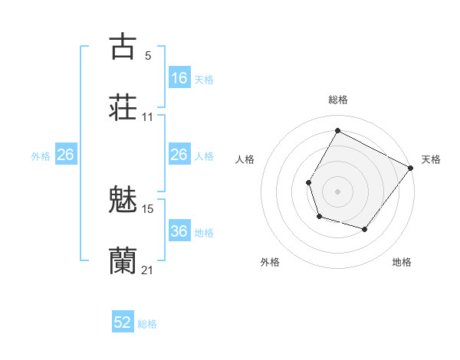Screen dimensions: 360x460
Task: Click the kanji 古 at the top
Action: (x=123, y=47)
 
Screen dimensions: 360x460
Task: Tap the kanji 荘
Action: (x=123, y=107)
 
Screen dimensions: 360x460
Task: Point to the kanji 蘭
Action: (x=123, y=260)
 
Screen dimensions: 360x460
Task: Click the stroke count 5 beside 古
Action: (x=148, y=56)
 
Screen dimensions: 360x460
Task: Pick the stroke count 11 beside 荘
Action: (x=148, y=117)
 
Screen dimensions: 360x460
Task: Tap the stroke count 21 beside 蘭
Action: (x=148, y=270)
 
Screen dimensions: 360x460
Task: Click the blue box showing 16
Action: (x=179, y=77)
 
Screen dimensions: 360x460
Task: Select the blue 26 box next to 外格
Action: (x=65, y=155)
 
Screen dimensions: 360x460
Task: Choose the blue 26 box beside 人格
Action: (x=179, y=155)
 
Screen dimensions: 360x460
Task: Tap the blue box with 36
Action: (x=179, y=231)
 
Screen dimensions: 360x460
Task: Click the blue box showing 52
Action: (x=123, y=322)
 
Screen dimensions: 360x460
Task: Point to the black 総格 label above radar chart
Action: (x=337, y=100)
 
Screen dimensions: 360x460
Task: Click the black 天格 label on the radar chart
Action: (x=431, y=159)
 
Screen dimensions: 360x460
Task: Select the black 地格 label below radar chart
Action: (x=402, y=263)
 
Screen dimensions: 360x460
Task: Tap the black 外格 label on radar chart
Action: (x=270, y=263)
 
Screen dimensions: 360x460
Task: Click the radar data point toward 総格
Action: (x=337, y=130)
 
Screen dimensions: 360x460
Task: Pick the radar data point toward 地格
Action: (x=365, y=229)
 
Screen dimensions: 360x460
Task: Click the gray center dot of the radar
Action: (x=337, y=191)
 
